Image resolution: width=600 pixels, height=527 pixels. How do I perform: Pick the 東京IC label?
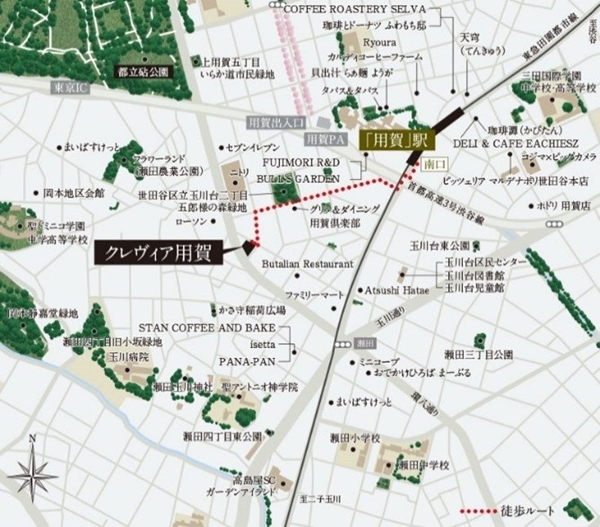pyautogui.click(x=71, y=87)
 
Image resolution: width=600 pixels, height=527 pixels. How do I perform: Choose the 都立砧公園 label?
pyautogui.click(x=143, y=71)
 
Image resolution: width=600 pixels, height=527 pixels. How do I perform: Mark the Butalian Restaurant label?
pyautogui.click(x=307, y=264)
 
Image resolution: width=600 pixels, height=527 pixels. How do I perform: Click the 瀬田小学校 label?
pyautogui.click(x=356, y=439)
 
